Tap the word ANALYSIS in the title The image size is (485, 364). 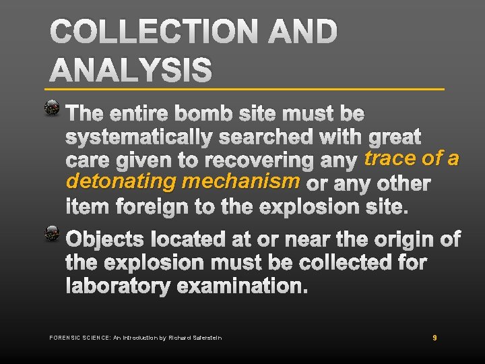[x=131, y=70]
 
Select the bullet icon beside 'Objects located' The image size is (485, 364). [x=52, y=235]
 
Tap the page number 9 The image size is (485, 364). [x=434, y=337]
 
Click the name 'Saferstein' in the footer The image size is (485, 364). [x=206, y=337]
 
